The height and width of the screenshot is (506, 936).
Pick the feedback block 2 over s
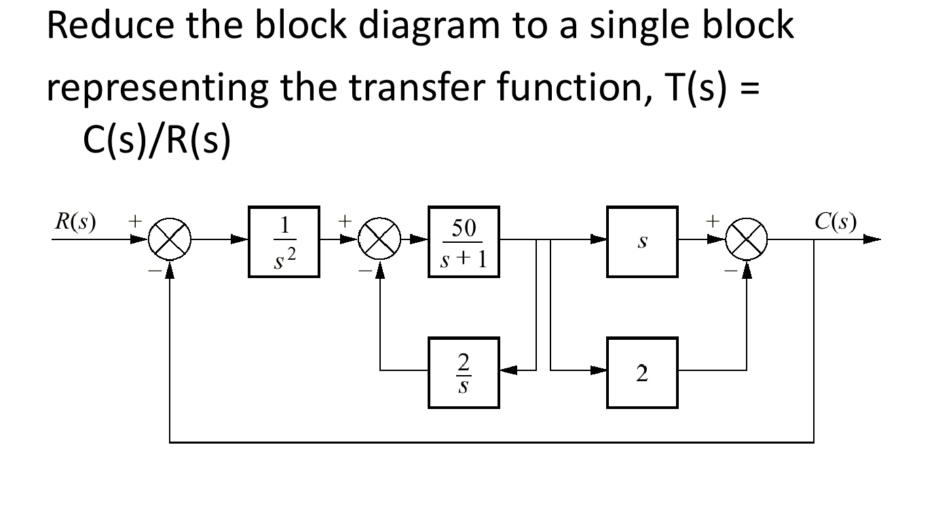464,372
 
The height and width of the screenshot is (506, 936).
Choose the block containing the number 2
642,372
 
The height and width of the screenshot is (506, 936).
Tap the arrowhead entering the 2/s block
508,371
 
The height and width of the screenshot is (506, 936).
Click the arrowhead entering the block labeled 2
599,371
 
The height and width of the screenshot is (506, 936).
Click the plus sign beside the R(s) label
136,221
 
